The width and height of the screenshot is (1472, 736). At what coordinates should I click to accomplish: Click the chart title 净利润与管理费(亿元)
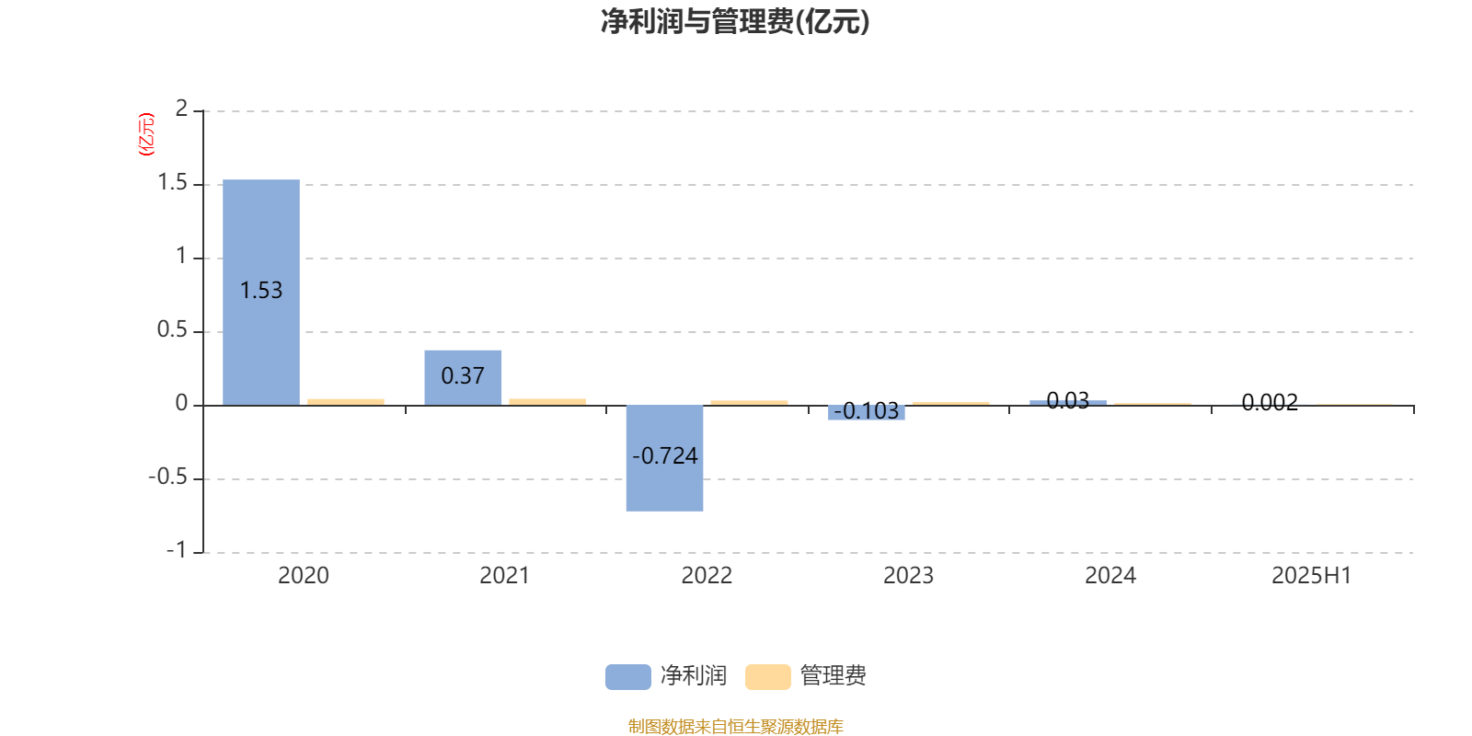(x=735, y=22)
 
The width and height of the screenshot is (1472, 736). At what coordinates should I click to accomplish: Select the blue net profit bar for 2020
(x=261, y=293)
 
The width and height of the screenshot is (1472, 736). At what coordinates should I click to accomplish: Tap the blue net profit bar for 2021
(x=463, y=378)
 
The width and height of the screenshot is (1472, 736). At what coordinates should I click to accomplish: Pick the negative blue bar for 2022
(x=664, y=458)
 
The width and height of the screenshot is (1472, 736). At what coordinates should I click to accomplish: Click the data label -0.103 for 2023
(x=866, y=411)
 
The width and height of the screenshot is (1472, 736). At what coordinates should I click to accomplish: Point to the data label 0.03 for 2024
(x=1068, y=400)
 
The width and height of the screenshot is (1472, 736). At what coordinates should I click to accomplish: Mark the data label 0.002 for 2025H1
(x=1270, y=402)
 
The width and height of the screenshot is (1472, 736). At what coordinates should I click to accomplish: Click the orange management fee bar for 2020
(x=346, y=402)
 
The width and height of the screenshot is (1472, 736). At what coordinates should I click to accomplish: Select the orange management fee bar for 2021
(x=547, y=401)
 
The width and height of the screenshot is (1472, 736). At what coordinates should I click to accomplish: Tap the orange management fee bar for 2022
(x=749, y=403)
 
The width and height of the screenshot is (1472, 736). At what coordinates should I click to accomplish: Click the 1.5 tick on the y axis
(x=173, y=183)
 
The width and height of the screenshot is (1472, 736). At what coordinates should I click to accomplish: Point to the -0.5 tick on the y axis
(x=168, y=477)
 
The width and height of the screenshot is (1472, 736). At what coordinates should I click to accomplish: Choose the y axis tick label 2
(x=181, y=109)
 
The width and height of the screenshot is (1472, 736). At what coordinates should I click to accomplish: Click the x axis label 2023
(x=908, y=576)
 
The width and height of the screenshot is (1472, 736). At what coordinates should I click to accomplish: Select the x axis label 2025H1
(x=1312, y=576)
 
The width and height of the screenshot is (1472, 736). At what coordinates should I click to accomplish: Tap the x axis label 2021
(x=505, y=576)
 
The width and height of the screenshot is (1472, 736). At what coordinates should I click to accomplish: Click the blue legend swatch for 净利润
(x=628, y=677)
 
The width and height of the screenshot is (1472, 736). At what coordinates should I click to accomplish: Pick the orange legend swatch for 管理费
(x=767, y=677)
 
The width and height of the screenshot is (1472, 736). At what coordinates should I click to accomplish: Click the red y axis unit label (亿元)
(x=146, y=134)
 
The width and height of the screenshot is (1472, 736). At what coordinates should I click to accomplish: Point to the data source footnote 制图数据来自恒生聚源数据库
(x=735, y=726)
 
